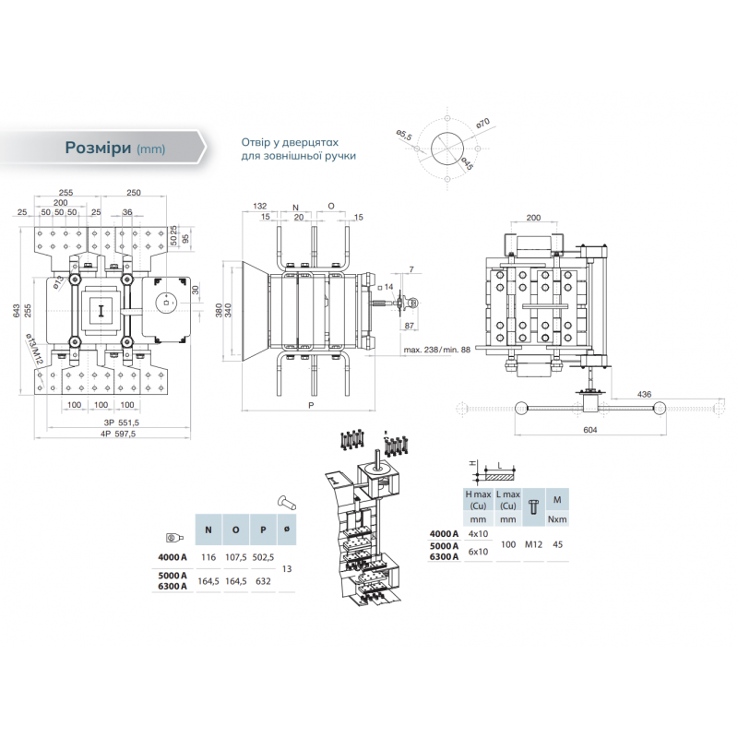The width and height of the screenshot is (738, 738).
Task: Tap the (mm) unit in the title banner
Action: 150,149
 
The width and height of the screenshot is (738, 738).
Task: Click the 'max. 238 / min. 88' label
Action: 437,350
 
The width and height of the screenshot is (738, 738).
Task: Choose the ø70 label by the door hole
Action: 482,124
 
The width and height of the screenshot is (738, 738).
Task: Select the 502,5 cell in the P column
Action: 262,558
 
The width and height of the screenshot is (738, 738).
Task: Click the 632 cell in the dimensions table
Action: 262,581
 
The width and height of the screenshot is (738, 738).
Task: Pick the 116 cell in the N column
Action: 208,558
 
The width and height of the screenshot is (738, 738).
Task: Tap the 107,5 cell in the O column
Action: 235,558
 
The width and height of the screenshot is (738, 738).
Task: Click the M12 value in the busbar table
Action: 533,543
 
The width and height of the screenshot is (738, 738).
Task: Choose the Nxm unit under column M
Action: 557,519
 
